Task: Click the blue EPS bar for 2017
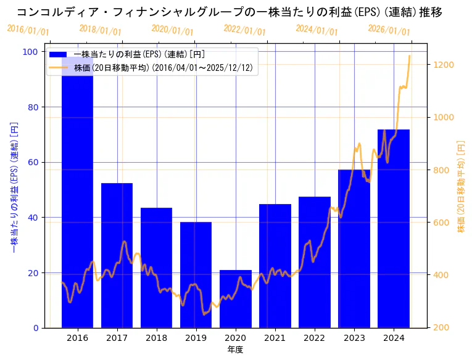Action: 117,255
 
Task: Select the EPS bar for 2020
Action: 235,299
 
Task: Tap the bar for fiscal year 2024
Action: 393,228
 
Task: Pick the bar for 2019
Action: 196,274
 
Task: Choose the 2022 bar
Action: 314,262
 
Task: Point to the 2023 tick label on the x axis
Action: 354,338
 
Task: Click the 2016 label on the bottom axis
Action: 77,338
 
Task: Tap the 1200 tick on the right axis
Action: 444,65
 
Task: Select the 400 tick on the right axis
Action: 442,275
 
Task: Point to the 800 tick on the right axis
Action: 442,170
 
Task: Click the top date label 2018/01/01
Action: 101,30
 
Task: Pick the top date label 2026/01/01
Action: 389,30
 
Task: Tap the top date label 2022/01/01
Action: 244,30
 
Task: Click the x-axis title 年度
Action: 235,350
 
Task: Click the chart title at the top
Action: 229,12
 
